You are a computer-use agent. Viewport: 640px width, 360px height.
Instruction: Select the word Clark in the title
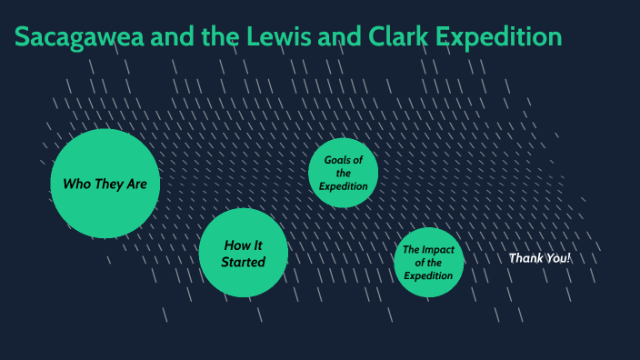(x=392, y=37)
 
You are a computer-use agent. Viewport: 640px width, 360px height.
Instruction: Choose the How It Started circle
(x=244, y=253)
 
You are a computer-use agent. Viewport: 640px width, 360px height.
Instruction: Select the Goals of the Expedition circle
(x=343, y=173)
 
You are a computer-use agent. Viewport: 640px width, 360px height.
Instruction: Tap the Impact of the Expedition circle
(x=428, y=262)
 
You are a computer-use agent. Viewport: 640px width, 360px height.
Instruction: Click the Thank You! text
(x=539, y=258)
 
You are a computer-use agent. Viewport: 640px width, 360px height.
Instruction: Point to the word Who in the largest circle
(x=75, y=184)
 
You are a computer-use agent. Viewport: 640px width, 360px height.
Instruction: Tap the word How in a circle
(x=237, y=245)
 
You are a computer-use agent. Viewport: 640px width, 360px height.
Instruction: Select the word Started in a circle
(x=244, y=262)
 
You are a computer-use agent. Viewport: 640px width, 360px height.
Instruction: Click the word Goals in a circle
(x=338, y=160)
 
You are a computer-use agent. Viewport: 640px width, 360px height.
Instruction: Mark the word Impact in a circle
(x=439, y=250)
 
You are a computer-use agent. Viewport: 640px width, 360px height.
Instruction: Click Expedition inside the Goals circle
(x=343, y=186)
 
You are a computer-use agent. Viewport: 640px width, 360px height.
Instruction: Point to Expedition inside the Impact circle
(x=428, y=275)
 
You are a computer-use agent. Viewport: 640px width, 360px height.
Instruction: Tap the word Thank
(x=525, y=258)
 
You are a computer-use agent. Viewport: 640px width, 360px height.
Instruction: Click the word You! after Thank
(x=556, y=258)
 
